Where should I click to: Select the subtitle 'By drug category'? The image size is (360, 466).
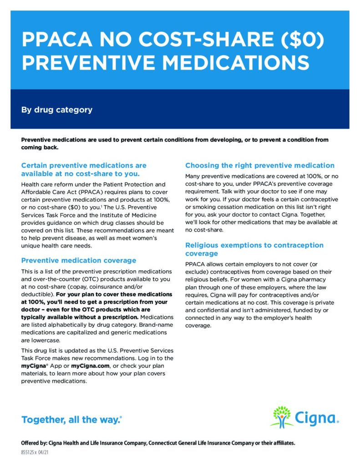click(57, 110)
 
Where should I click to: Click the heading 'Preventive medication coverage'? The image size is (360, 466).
click(79, 260)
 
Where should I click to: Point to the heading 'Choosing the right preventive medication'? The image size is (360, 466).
click(260, 165)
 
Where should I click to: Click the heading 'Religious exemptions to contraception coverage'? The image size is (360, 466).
click(254, 249)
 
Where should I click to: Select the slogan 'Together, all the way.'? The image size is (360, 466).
click(71, 420)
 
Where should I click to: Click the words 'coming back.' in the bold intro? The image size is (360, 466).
click(40, 147)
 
